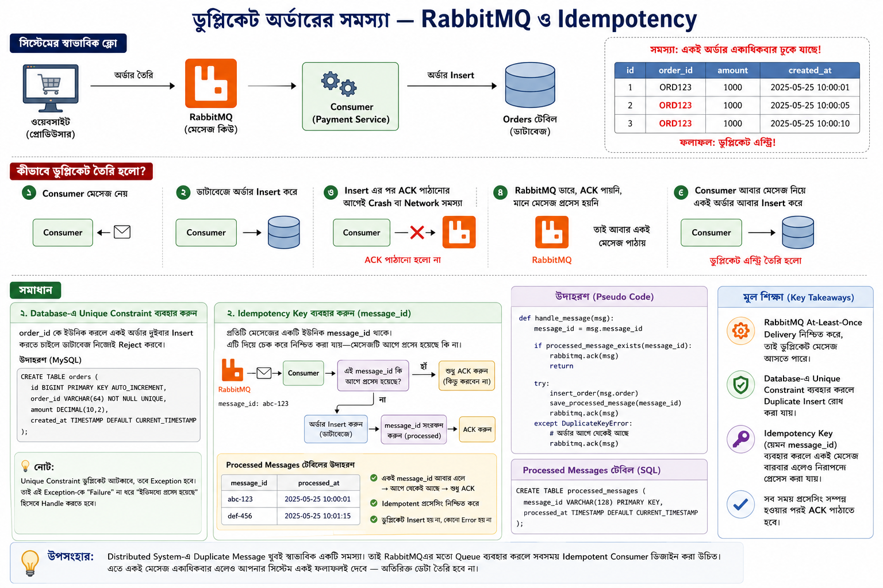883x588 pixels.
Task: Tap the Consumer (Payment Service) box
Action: [351, 96]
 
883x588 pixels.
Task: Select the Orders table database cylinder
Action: [530, 85]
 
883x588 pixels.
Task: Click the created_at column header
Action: [809, 71]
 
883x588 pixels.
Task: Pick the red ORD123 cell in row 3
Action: [675, 123]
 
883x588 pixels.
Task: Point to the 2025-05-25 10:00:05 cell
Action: [809, 106]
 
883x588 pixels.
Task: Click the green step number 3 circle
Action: [331, 192]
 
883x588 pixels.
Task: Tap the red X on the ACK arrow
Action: [417, 233]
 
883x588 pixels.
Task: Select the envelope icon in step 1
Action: [122, 232]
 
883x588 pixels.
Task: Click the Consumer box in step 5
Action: [711, 233]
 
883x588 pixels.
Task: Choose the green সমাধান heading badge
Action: [36, 290]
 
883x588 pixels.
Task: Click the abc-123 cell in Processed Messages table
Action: [240, 499]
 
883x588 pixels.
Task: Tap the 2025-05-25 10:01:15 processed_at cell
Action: [317, 516]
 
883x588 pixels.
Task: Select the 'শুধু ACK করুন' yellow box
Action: [467, 376]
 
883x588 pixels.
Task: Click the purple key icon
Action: [740, 439]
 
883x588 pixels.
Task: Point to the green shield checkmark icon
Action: [740, 384]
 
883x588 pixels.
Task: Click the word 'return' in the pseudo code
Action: [561, 366]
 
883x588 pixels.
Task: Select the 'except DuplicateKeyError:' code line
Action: [583, 423]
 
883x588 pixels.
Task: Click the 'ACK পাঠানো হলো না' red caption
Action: [402, 260]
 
